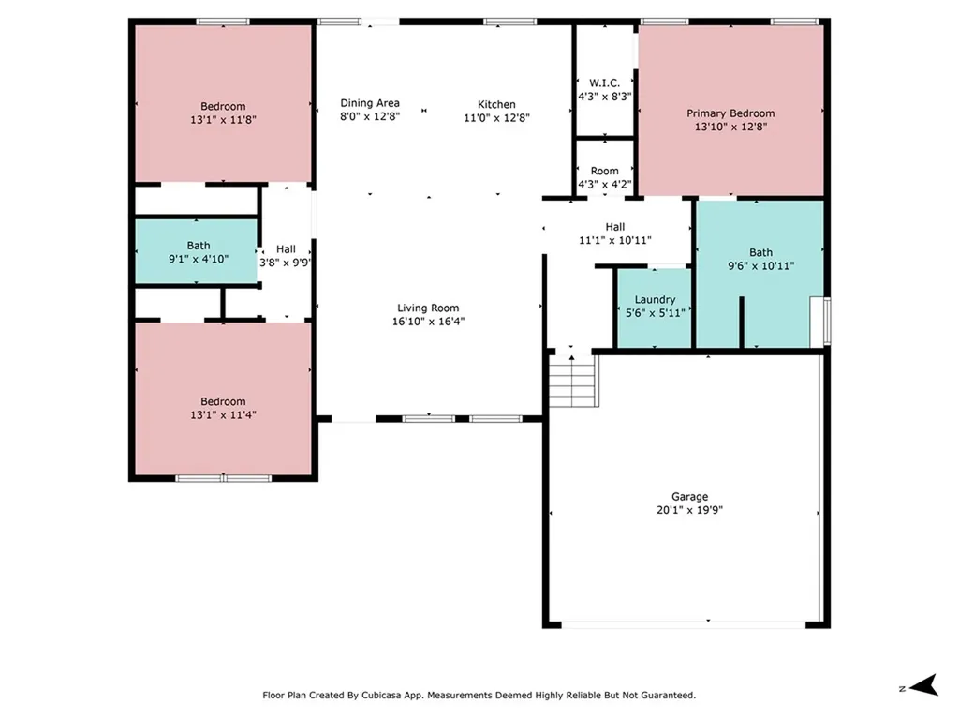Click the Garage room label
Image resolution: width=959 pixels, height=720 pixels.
[688, 497]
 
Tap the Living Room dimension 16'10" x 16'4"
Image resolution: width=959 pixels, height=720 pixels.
[428, 321]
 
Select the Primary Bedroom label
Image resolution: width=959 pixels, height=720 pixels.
[730, 113]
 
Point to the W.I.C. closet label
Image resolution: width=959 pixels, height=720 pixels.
[604, 82]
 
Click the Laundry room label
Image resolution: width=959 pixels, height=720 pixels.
[655, 300]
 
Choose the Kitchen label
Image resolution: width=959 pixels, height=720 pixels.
[496, 104]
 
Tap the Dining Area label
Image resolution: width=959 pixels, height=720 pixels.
[369, 104]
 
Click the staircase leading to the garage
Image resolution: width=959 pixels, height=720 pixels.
[572, 381]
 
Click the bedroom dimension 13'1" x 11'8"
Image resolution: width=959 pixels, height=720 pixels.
[223, 119]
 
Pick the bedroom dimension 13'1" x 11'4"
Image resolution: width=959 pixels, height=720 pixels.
[223, 414]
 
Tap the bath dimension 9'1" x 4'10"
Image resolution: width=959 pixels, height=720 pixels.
[198, 259]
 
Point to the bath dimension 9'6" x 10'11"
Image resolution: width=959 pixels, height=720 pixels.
[760, 265]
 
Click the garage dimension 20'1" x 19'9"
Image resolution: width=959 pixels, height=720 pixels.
[688, 510]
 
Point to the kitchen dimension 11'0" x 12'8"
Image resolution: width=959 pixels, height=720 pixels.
[496, 118]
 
